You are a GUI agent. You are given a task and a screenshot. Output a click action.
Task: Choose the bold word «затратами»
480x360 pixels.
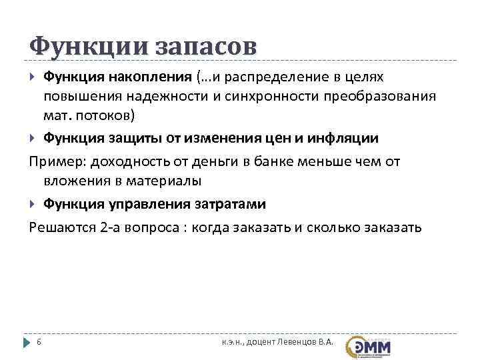point(228,203)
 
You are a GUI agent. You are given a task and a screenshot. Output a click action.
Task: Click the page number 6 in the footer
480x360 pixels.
point(39,343)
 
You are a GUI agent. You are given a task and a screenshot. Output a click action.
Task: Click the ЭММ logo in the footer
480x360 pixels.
point(369,345)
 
